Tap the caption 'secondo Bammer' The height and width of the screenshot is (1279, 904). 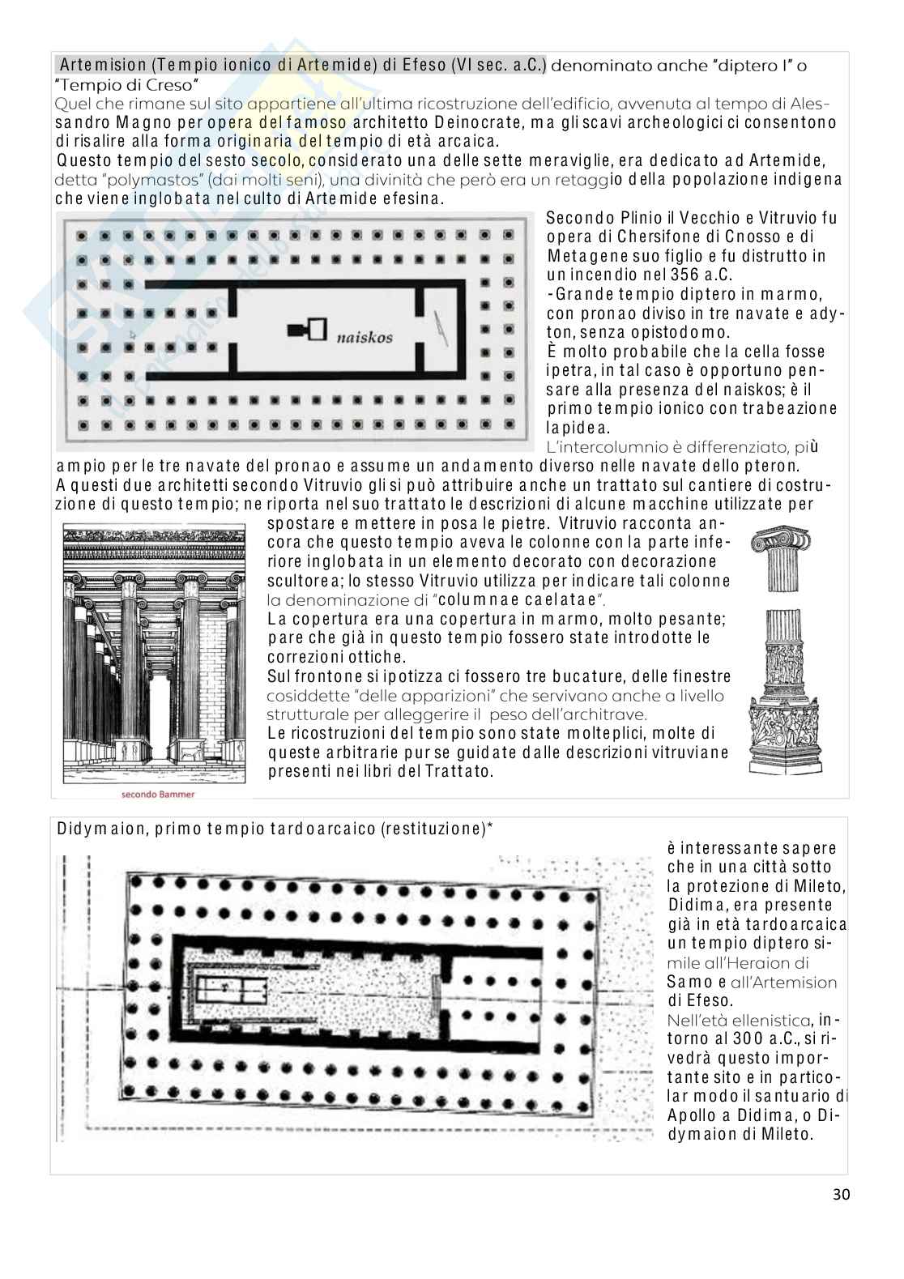click(158, 795)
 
